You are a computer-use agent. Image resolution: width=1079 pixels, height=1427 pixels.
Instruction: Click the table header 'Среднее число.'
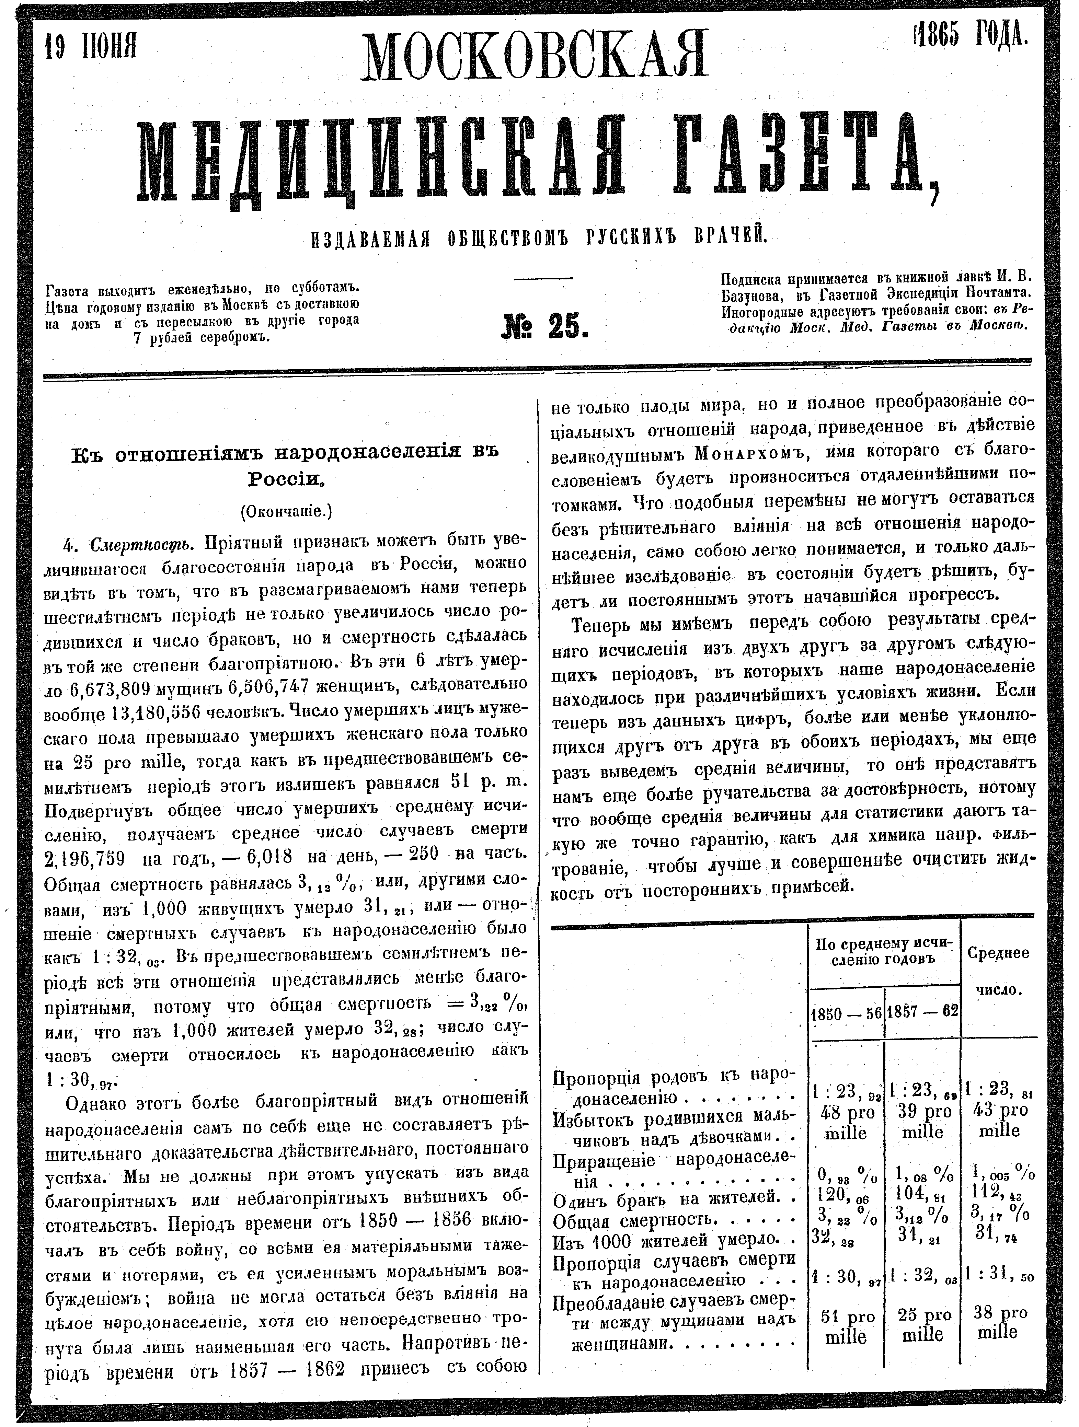[998, 972]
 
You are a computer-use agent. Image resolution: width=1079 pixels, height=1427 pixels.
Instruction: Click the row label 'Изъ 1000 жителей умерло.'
[671, 1239]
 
